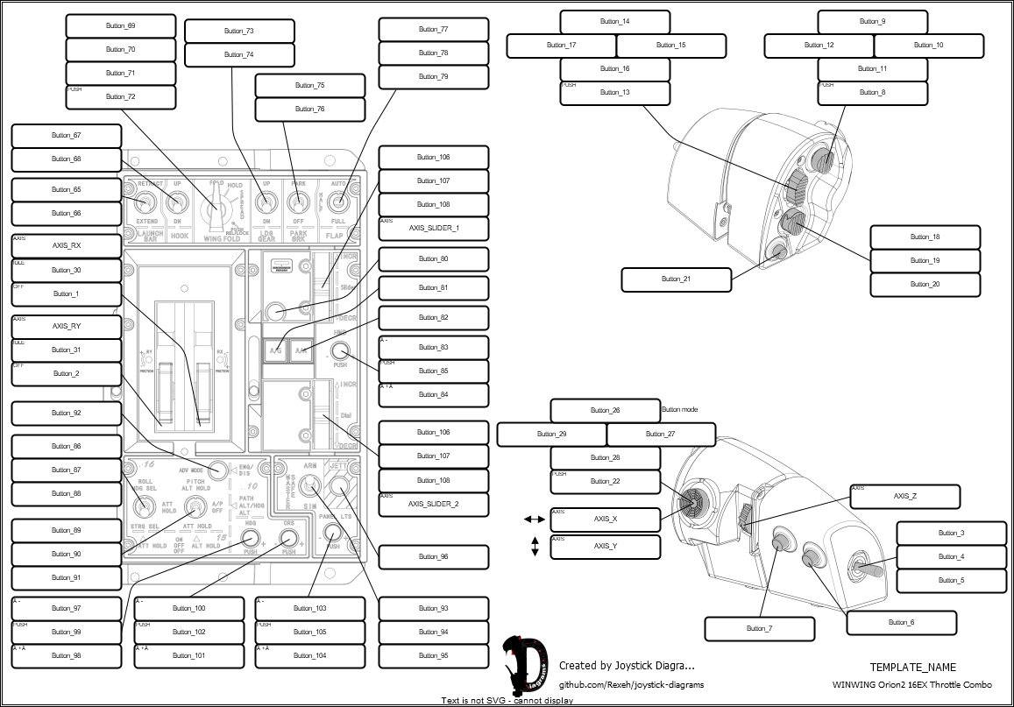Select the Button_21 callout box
(676, 279)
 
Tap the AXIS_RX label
(67, 246)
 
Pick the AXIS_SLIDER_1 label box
(434, 229)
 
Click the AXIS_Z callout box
(904, 497)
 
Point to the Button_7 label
(759, 629)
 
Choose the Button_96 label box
(434, 557)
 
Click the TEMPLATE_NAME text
(912, 668)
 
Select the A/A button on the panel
(301, 350)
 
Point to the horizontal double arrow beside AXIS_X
(534, 520)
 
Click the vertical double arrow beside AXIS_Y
(534, 547)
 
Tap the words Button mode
(679, 409)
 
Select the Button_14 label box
(614, 21)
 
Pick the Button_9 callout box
(872, 21)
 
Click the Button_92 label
(67, 414)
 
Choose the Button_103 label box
(309, 609)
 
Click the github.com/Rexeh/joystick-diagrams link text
(631, 684)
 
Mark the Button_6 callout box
(901, 623)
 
